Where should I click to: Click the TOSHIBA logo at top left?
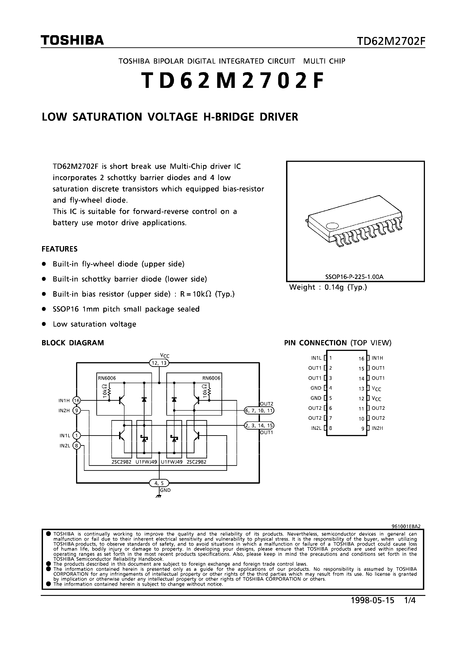(72, 41)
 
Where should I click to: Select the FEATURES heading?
(60, 249)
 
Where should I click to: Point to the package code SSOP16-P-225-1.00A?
(354, 277)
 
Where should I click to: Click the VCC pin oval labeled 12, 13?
(159, 363)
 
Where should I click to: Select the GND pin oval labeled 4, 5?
(159, 483)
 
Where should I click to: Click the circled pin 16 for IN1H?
(77, 400)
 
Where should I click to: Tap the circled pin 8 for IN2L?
(77, 446)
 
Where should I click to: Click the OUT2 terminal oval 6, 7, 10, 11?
(259, 410)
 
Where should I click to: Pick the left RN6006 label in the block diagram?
(107, 378)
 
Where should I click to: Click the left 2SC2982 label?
(121, 462)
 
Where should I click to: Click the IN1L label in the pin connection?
(316, 358)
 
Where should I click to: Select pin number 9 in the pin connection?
(363, 428)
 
